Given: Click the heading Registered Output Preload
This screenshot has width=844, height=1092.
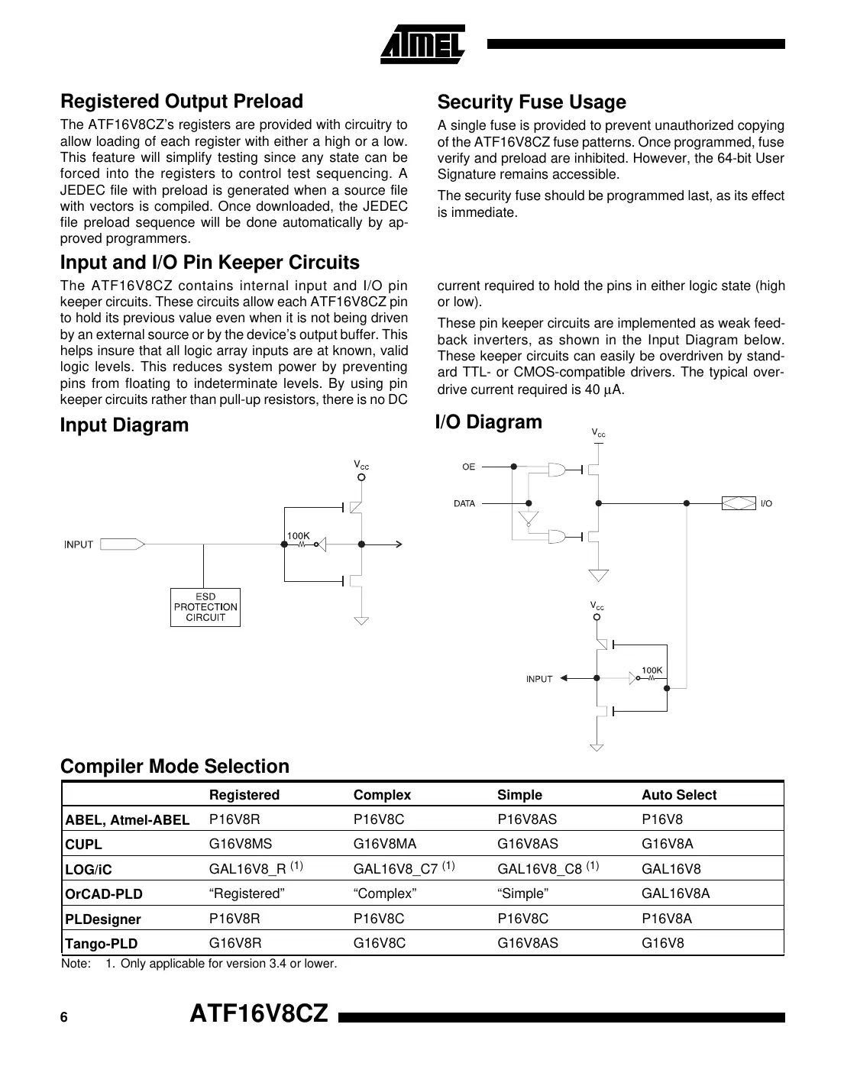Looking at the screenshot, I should (x=182, y=102).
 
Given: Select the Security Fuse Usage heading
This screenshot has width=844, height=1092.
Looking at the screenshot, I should (x=531, y=102).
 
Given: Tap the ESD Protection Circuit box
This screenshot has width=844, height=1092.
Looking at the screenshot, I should (x=205, y=607).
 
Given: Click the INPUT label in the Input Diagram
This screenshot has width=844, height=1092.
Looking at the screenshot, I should (x=79, y=544).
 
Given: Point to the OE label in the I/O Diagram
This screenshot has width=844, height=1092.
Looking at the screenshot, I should (x=468, y=467).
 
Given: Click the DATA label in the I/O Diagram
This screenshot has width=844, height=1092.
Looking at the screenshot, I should (x=464, y=503).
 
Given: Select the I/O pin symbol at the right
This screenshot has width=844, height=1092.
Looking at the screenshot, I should (x=739, y=503).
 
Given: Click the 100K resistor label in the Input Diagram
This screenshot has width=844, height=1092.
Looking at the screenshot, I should (x=298, y=536).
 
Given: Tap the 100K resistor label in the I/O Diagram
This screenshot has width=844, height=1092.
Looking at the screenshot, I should (x=652, y=670).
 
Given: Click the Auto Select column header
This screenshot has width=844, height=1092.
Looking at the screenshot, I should (x=678, y=795).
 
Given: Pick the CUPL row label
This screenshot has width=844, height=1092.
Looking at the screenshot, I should (x=84, y=845).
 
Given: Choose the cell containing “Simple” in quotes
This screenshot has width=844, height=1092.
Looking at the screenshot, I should (x=522, y=893).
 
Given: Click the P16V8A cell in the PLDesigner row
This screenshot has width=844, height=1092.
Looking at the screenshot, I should (x=666, y=919).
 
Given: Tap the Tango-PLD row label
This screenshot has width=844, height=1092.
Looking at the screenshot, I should (x=102, y=944).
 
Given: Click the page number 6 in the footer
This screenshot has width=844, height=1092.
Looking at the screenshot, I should (x=64, y=1018).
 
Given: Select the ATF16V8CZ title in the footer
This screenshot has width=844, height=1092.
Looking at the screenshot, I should (x=258, y=1014).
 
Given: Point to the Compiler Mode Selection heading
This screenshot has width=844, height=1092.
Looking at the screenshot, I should (x=175, y=767).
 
